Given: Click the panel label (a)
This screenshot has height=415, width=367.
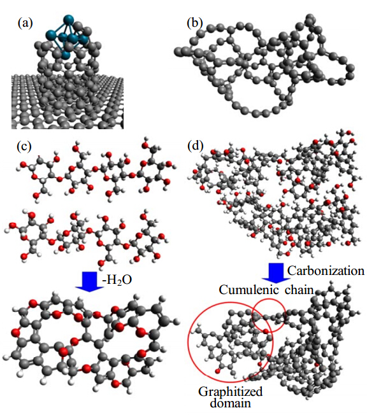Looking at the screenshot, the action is pos(25,24).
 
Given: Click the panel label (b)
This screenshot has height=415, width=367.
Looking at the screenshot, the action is pos(195,24).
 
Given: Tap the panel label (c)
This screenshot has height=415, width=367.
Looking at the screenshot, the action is pos(24,146).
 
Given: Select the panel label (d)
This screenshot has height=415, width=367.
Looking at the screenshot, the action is pos(196,146).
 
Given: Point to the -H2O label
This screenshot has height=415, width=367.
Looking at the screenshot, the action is pos(117,280).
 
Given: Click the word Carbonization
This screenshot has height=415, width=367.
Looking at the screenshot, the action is pos(326,271).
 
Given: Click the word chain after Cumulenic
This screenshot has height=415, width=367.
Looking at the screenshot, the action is pos(299,290).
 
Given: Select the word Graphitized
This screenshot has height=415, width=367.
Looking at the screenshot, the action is pos(230,391).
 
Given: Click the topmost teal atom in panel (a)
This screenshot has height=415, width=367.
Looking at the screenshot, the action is pos(68,20).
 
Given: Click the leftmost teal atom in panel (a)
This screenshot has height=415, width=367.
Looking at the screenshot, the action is pos(51,34).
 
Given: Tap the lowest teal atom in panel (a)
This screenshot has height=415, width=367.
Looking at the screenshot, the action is pos(66,55).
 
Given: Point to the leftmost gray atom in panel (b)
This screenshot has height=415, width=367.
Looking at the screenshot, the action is pos(178,52).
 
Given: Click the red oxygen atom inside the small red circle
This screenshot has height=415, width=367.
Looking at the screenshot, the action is pos(266,331).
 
